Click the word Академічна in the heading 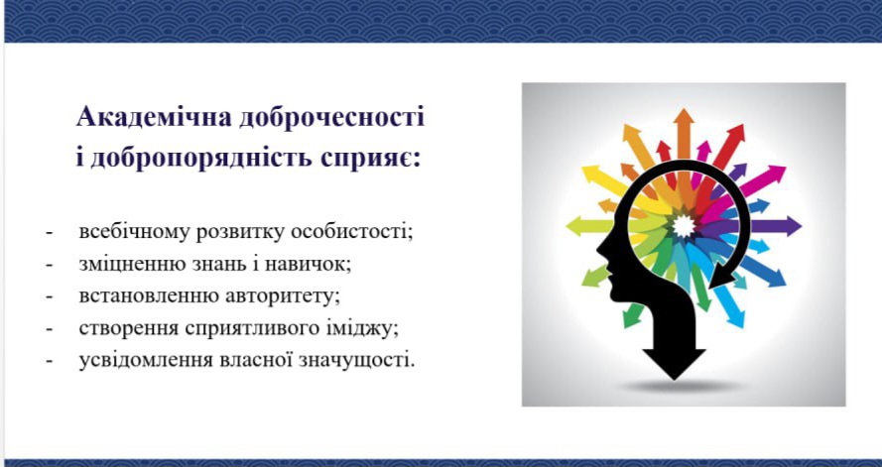point(154,118)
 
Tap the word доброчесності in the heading point(331,118)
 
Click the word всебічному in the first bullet point(135,232)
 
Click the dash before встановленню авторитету point(50,296)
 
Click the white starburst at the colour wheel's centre point(684,226)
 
